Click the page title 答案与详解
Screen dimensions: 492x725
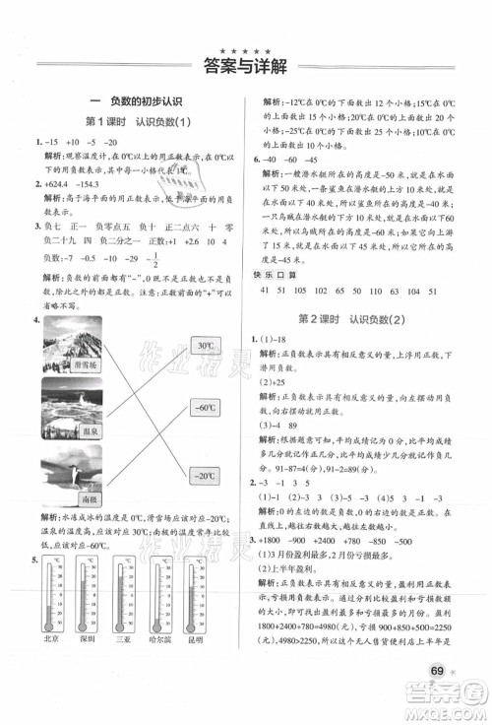pyautogui.click(x=245, y=67)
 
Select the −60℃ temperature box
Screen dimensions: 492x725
pyautogui.click(x=205, y=406)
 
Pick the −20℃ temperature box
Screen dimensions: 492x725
pyautogui.click(x=205, y=477)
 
